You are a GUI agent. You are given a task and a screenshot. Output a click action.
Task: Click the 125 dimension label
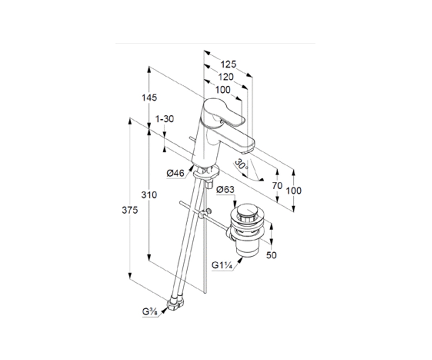tap(228, 64)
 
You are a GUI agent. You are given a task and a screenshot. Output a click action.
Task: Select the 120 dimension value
tap(226, 77)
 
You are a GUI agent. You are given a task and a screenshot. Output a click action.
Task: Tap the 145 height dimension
tap(149, 98)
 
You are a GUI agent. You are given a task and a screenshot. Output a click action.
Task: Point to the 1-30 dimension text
tap(165, 119)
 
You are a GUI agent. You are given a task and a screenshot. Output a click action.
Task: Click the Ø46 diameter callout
tap(175, 173)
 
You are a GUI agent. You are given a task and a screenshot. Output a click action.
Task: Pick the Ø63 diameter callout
tap(225, 189)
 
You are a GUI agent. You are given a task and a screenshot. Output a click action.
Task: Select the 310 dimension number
tap(149, 195)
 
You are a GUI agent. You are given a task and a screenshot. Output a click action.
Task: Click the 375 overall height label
tap(130, 210)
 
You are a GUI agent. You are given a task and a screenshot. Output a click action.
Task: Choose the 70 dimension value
tap(277, 186)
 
